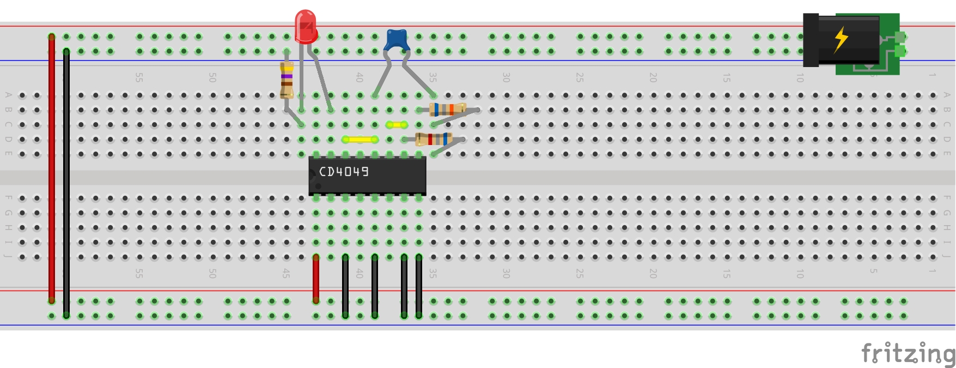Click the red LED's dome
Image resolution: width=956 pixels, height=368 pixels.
(x=306, y=25)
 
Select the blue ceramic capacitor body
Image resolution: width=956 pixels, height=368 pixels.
(x=398, y=39)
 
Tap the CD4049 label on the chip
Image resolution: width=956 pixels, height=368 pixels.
(x=344, y=172)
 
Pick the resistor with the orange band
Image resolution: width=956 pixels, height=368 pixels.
(x=447, y=110)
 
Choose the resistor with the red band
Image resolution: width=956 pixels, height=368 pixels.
(x=433, y=139)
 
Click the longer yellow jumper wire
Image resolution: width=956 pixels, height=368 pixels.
(x=360, y=140)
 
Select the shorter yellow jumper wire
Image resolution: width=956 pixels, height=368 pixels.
(x=397, y=125)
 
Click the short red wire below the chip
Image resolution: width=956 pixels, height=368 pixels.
(x=316, y=278)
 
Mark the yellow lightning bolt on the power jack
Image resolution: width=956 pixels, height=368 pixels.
(x=841, y=39)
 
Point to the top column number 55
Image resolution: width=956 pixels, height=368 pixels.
(x=139, y=77)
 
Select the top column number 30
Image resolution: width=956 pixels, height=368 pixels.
(x=506, y=77)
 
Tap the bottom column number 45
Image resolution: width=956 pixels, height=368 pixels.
(x=286, y=273)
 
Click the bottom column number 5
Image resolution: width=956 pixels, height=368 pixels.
(x=873, y=272)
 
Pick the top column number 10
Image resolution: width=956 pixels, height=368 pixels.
(x=800, y=77)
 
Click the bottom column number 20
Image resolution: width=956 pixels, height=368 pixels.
(x=653, y=273)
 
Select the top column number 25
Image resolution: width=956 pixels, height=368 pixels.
(x=580, y=77)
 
